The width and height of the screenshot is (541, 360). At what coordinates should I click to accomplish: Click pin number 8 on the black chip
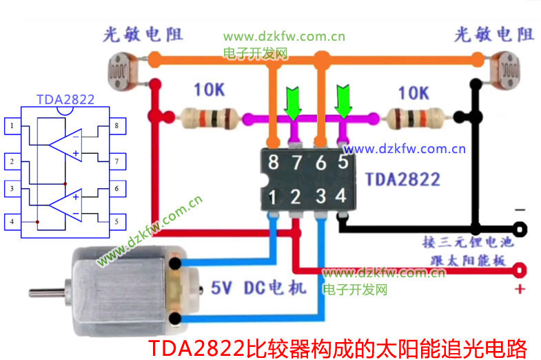coord(274,163)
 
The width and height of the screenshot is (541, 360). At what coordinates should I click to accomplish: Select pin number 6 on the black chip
coord(320,163)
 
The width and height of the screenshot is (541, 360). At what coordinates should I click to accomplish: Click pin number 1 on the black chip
coord(274,197)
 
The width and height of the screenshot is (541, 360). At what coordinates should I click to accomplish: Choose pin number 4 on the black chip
coord(340,196)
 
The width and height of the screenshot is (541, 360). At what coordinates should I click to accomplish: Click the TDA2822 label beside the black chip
coord(402,179)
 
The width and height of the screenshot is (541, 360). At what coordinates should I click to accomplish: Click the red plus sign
coord(520,288)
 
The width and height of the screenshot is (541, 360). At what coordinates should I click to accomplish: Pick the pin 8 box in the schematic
coord(116,126)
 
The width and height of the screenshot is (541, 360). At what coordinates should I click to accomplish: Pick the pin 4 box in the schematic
coord(12,222)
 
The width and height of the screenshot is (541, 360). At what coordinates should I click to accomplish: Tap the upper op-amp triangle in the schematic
coord(66,143)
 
